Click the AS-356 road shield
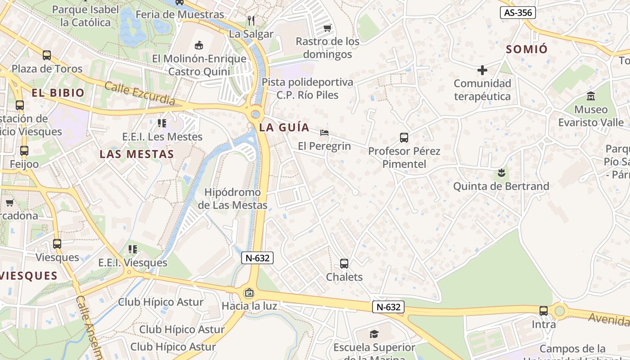tap(518, 13)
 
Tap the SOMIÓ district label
tap(526, 49)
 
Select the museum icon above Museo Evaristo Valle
tap(591, 96)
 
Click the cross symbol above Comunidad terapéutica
tap(482, 70)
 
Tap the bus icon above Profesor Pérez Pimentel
tap(404, 138)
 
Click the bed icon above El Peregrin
tap(324, 133)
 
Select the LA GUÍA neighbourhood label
tap(284, 127)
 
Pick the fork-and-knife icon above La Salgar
tap(251, 21)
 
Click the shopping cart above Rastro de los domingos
tap(327, 28)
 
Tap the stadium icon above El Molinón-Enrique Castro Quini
tap(199, 45)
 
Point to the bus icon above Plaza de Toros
tap(47, 55)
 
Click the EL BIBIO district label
tap(58, 93)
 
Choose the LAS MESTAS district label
tap(137, 154)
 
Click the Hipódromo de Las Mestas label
tap(233, 198)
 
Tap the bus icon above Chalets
tap(344, 264)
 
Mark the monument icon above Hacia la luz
tap(249, 293)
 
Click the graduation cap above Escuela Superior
tap(374, 334)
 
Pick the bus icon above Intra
tap(544, 311)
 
